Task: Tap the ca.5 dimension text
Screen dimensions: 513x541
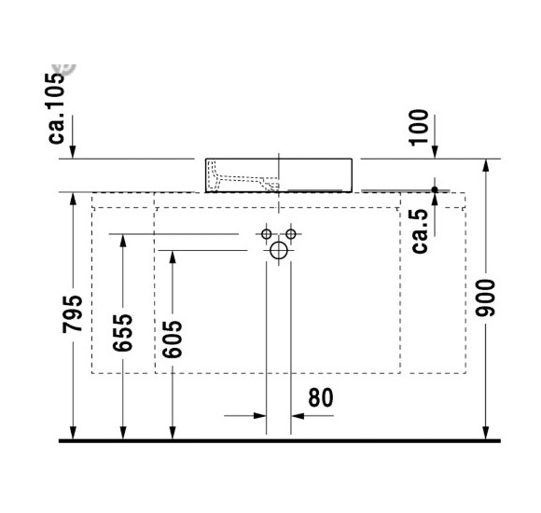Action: tap(420, 230)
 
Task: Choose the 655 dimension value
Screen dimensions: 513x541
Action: tap(123, 332)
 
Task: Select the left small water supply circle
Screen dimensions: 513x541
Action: tap(267, 232)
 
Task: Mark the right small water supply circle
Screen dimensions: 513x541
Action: tap(291, 232)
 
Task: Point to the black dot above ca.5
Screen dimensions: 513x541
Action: tap(435, 189)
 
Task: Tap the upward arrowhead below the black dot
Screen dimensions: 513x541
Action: tap(435, 201)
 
